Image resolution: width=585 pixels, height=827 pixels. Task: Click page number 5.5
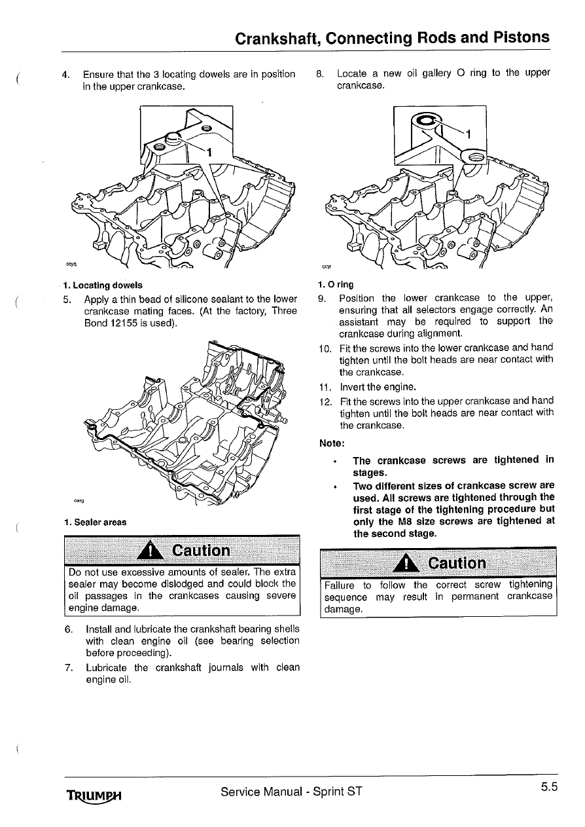(x=548, y=788)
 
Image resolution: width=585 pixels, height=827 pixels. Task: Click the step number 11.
(x=323, y=386)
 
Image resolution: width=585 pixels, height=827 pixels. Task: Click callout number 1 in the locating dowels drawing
(x=209, y=153)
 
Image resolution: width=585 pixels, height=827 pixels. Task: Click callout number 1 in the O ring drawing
(x=469, y=134)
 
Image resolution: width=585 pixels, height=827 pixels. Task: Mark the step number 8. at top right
(x=319, y=73)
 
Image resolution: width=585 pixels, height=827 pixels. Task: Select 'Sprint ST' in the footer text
(x=334, y=791)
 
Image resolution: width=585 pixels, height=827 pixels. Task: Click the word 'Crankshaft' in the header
(x=276, y=38)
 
